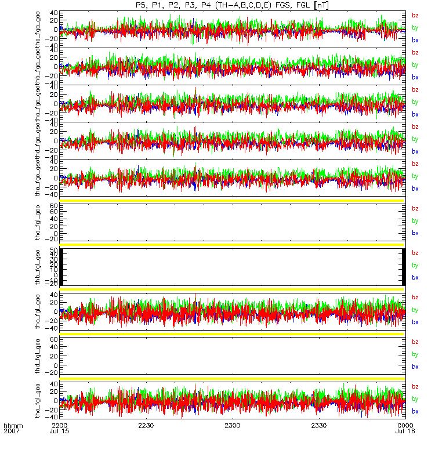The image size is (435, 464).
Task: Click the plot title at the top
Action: click(232, 5)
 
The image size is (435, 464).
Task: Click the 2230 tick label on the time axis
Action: click(146, 426)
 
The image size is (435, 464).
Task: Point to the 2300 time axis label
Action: click(232, 426)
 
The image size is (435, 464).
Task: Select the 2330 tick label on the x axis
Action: click(318, 426)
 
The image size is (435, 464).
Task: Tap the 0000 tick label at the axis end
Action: click(405, 426)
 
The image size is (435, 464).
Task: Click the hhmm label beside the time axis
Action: click(13, 426)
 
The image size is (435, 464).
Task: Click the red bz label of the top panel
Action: click(415, 16)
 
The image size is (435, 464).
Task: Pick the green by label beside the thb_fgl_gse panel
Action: click(415, 265)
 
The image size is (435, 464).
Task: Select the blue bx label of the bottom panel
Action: click(415, 411)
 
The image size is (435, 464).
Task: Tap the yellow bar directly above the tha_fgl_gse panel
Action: click(232, 201)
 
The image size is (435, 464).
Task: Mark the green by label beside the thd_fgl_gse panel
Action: click(415, 354)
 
